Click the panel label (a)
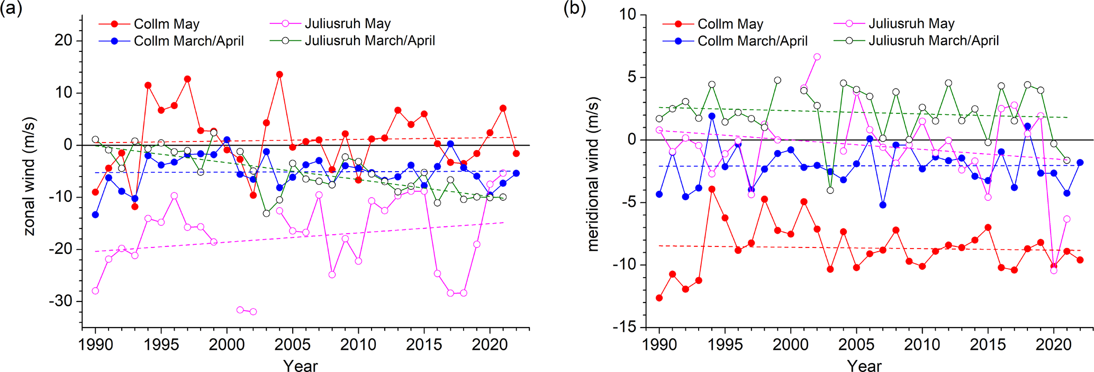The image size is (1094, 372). coord(11,9)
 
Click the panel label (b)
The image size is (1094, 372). coord(575,9)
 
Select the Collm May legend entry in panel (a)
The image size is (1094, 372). coord(166,24)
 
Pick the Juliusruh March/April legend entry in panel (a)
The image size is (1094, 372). coord(369,41)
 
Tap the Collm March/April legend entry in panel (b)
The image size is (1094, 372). coord(752,41)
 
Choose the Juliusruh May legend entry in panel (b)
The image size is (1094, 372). coord(911,24)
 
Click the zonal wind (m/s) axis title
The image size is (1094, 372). coord(30,176)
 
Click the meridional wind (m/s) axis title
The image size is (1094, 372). coord(593,174)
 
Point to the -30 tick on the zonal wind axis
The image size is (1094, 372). coord(61,301)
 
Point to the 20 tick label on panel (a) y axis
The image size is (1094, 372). coord(64,40)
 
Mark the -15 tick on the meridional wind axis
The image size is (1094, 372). coord(625,327)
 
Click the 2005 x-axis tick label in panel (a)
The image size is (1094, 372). coord(293,345)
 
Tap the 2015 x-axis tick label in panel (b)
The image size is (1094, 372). coord(988,345)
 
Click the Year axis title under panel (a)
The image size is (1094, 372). coord(300,366)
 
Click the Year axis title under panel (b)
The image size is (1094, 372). coord(864,366)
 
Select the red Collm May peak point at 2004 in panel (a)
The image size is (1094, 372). coord(279,75)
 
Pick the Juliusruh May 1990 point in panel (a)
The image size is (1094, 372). coord(95,291)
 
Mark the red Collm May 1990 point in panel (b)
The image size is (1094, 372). coord(659,298)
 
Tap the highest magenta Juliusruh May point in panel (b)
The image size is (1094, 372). coord(817,57)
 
